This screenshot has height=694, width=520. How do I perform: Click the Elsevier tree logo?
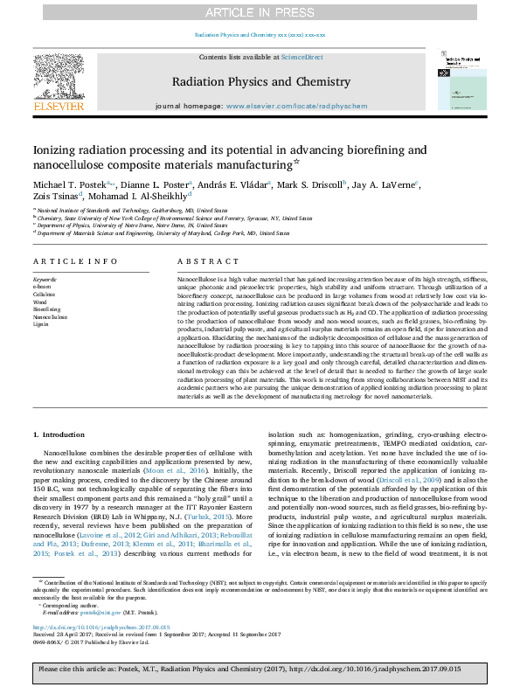click(58, 82)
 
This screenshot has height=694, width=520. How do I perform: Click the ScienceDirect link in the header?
click(303, 57)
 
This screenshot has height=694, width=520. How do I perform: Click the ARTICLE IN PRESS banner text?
click(260, 11)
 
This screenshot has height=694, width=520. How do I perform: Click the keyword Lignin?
click(42, 324)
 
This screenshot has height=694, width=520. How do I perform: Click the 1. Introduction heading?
click(59, 434)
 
